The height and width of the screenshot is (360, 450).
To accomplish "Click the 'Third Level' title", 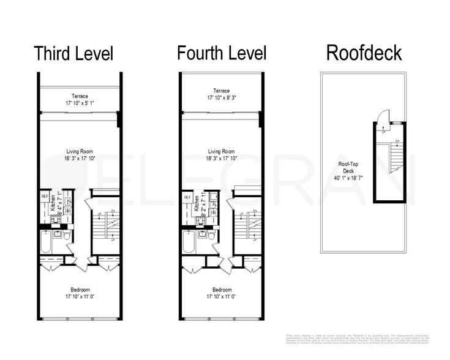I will pyautogui.click(x=73, y=53).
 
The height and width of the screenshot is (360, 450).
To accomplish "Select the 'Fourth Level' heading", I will pyautogui.click(x=222, y=53).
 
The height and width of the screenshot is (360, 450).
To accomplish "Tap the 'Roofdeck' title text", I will pyautogui.click(x=364, y=53).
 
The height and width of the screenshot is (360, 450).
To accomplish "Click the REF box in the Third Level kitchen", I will pyautogui.click(x=45, y=196).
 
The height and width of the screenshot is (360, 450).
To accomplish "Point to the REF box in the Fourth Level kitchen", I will pyautogui.click(x=187, y=197).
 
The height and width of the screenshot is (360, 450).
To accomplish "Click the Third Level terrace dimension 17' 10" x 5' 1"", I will pyautogui.click(x=80, y=103).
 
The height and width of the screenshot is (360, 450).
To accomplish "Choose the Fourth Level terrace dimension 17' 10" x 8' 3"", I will pyautogui.click(x=222, y=97).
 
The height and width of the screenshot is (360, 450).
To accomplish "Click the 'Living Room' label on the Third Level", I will pyautogui.click(x=80, y=150).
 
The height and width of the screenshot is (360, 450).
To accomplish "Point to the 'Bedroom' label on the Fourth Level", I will pyautogui.click(x=222, y=290).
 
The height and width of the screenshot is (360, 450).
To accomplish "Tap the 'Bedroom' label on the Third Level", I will pyautogui.click(x=80, y=290).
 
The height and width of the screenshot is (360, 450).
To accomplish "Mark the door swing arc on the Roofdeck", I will pyautogui.click(x=381, y=116).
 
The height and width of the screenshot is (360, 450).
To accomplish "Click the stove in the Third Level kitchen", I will pyautogui.click(x=67, y=211).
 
